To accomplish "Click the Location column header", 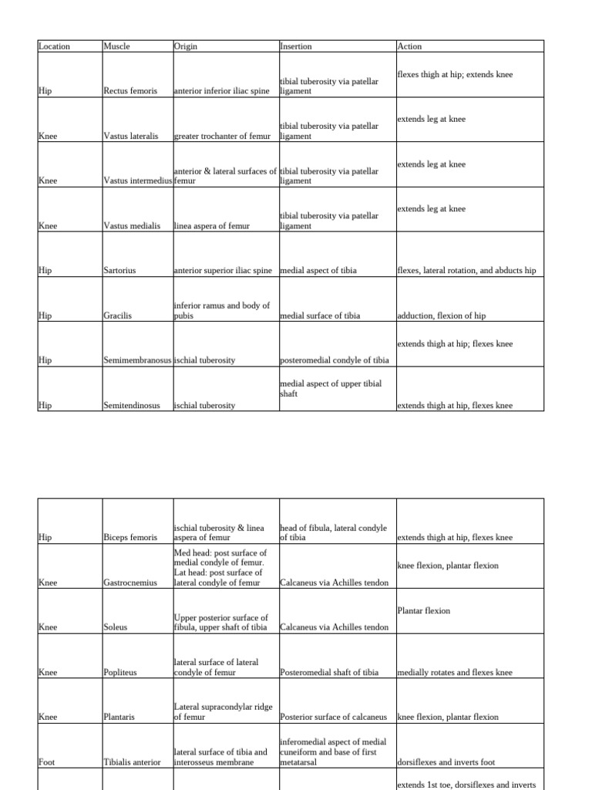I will pos(54,46).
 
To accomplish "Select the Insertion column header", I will pos(296,46).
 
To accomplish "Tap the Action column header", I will pos(409,46).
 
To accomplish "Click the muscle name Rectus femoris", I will pos(130,91).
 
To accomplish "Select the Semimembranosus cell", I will pos(138,360).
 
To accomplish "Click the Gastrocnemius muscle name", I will pos(130,583).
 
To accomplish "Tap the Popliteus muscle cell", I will pos(119,673).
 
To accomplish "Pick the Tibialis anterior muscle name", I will pos(133,762).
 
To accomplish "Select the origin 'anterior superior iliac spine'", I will pos(223,271).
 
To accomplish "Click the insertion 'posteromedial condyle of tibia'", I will pos(335,360).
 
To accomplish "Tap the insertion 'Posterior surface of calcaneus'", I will pos(334,717).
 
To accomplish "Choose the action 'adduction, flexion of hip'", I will pos(441,316).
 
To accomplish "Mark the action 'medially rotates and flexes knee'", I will pos(454,673).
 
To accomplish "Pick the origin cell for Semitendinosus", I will pos(205,405).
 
